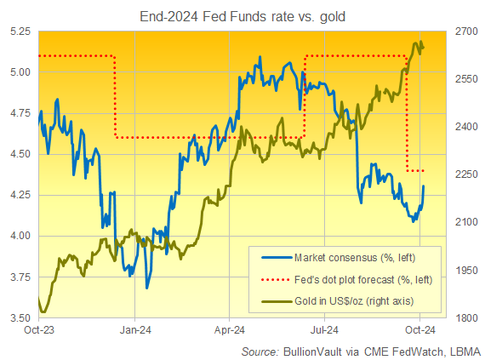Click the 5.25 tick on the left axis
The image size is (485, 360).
(20, 31)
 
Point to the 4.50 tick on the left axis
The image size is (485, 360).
(20, 154)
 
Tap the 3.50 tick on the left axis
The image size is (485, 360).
(20, 317)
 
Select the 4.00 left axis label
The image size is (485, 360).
(20, 236)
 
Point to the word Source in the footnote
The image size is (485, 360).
(259, 351)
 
